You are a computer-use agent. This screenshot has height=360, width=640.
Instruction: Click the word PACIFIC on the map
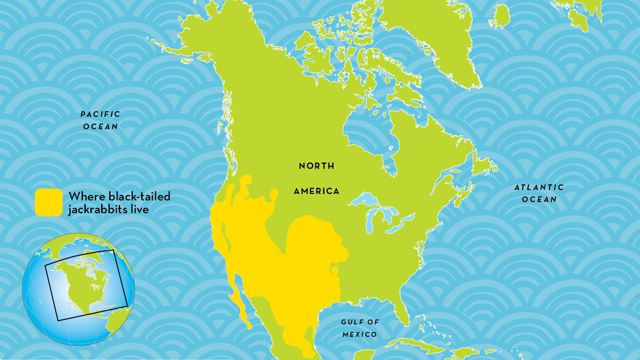(100, 114)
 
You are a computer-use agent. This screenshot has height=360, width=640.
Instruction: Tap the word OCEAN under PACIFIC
(100, 127)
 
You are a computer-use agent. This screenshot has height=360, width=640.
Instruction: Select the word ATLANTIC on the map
(539, 187)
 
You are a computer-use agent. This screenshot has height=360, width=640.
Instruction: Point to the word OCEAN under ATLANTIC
(539, 200)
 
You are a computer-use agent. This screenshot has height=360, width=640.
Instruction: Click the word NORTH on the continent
(316, 166)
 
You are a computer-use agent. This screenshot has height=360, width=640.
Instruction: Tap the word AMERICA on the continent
(316, 192)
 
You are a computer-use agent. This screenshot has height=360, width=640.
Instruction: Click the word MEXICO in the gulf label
(360, 334)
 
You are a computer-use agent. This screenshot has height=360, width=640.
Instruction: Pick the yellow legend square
(48, 202)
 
